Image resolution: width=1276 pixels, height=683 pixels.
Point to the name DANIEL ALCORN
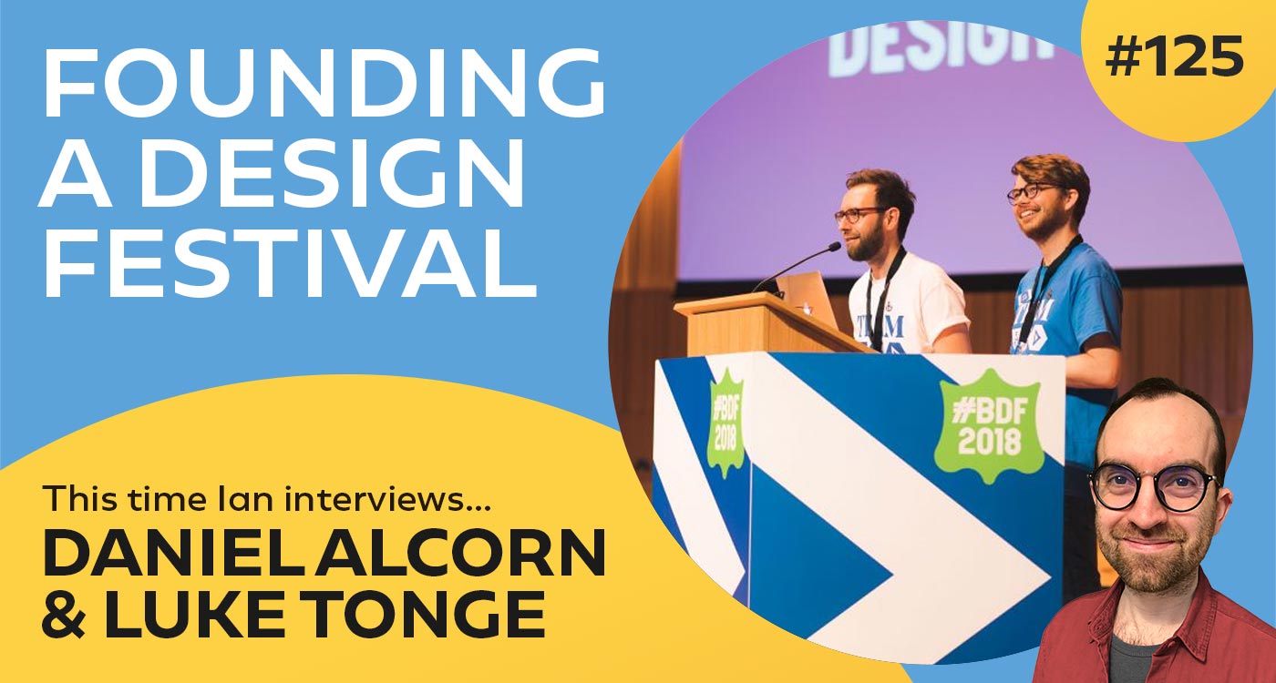click(324, 555)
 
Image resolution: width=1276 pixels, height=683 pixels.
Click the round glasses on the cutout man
click(1153, 487)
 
